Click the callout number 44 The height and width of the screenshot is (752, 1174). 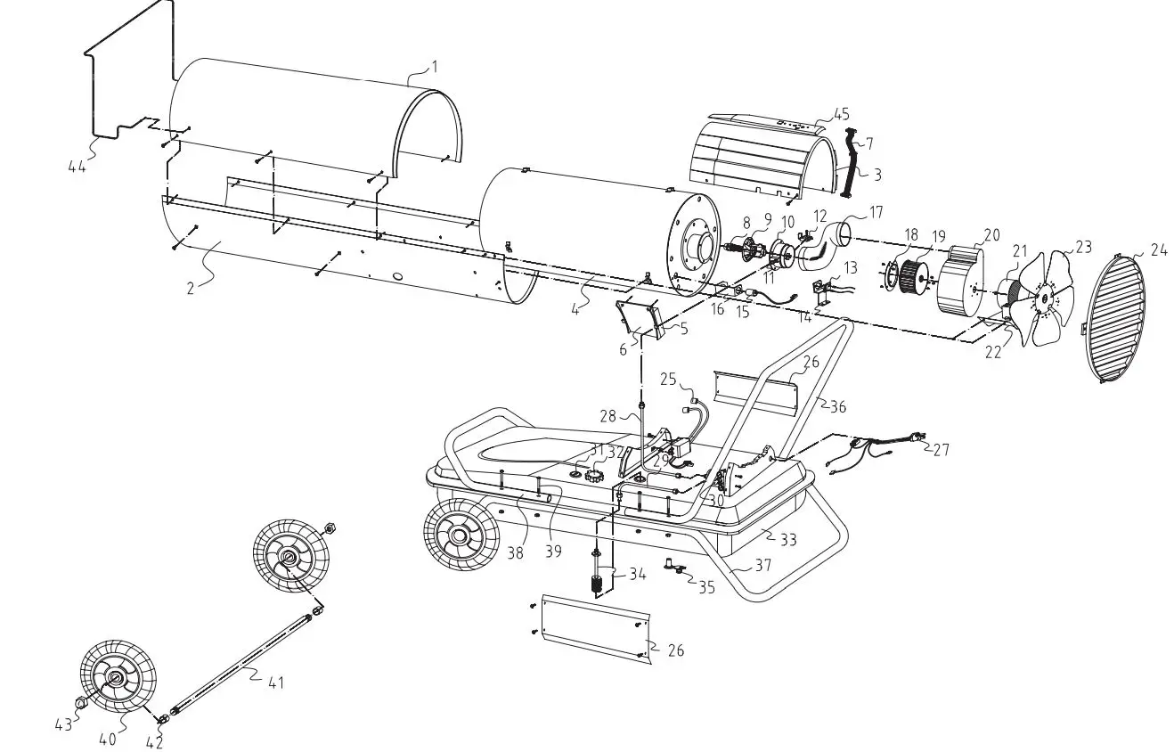(77, 165)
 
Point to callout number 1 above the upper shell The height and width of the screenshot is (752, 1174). (434, 66)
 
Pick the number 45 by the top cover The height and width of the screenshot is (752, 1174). (841, 114)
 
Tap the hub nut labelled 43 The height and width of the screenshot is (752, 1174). (81, 703)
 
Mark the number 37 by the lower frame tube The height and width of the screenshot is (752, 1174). (762, 565)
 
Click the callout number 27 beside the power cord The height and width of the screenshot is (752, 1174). (941, 450)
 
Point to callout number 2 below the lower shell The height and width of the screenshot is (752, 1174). (191, 289)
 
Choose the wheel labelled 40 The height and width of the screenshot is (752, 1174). (117, 680)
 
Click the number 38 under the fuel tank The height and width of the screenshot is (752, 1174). (515, 552)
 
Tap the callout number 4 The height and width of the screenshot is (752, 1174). (576, 309)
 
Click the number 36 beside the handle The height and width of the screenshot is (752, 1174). (836, 406)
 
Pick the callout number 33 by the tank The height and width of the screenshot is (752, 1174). (788, 539)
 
